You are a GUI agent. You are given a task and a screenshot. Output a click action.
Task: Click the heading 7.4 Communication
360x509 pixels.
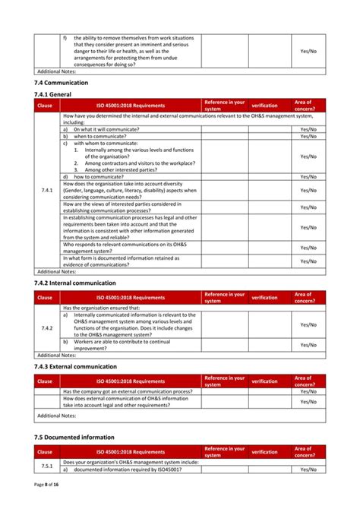coord(62,82)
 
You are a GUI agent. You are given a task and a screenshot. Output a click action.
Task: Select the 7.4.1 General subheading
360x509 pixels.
coord(52,93)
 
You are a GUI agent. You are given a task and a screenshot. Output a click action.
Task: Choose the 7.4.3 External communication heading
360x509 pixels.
coord(76,367)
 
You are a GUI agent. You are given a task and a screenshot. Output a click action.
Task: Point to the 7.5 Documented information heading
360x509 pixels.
coord(74,438)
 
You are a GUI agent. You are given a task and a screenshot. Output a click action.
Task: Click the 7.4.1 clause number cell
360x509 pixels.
coord(46,191)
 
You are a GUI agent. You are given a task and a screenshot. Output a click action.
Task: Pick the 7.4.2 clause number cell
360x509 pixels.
coord(46,328)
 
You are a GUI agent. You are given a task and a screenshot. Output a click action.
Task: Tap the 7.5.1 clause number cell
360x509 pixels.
coord(46,465)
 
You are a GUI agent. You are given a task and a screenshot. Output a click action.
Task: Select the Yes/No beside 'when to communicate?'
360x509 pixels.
coord(308,136)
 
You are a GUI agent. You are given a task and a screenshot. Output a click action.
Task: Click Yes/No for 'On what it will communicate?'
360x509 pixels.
coord(308,129)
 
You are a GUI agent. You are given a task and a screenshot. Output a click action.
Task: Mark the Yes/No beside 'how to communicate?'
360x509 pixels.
coord(308,176)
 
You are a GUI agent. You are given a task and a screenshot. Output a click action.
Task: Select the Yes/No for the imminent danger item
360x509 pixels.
coord(308,51)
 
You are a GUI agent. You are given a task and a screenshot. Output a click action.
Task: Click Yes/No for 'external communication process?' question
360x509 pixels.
coord(308,391)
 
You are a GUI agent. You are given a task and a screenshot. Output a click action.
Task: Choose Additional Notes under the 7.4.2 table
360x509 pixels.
coord(57,355)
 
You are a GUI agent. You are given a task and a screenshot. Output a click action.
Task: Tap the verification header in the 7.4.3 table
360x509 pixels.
coord(264,381)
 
